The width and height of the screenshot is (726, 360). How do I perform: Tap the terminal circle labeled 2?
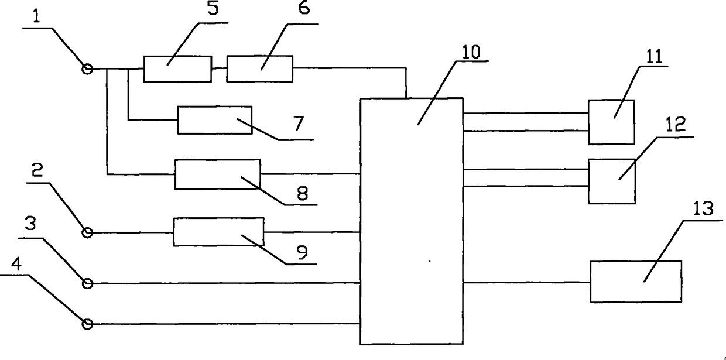87,233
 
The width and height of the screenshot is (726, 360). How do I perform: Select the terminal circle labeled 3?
88,283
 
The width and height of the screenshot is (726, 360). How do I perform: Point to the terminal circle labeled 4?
88,324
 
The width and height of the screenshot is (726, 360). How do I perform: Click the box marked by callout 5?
177,69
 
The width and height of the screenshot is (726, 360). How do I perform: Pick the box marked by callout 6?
259,68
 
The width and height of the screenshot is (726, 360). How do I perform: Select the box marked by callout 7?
214,120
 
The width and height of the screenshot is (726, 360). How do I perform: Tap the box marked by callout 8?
218,174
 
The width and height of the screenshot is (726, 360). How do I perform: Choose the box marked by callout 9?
218,232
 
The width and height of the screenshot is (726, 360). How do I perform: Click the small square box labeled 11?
611,122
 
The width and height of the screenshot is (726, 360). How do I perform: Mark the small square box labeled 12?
612,181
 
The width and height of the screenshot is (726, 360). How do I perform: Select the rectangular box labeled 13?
635,281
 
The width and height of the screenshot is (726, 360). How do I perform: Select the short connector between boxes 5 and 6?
219,68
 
